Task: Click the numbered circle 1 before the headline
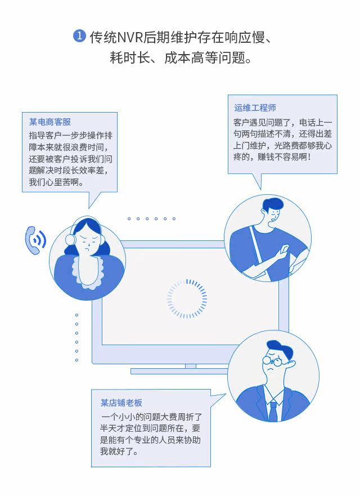79,37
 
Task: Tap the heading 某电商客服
50,122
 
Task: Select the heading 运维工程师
255,108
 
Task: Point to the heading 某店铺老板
121,403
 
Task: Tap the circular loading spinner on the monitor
187,298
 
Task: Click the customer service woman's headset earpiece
71,239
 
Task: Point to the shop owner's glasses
274,360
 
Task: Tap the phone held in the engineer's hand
284,249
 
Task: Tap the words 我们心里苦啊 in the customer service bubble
56,183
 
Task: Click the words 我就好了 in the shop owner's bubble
119,452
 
